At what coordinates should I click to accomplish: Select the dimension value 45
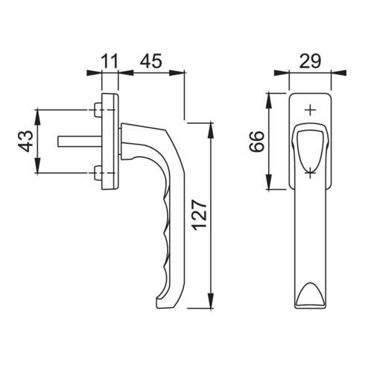tap(150, 61)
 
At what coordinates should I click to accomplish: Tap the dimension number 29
tap(310, 61)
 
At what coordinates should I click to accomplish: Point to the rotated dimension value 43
tap(25, 141)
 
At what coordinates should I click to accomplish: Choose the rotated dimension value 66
tap(257, 141)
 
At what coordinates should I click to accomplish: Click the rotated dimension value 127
tap(200, 215)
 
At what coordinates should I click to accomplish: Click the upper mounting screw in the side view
tap(98, 110)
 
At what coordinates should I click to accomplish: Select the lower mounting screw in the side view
tap(98, 173)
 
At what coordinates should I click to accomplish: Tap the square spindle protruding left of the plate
tap(80, 141)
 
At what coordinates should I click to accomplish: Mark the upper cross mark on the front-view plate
tap(310, 110)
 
